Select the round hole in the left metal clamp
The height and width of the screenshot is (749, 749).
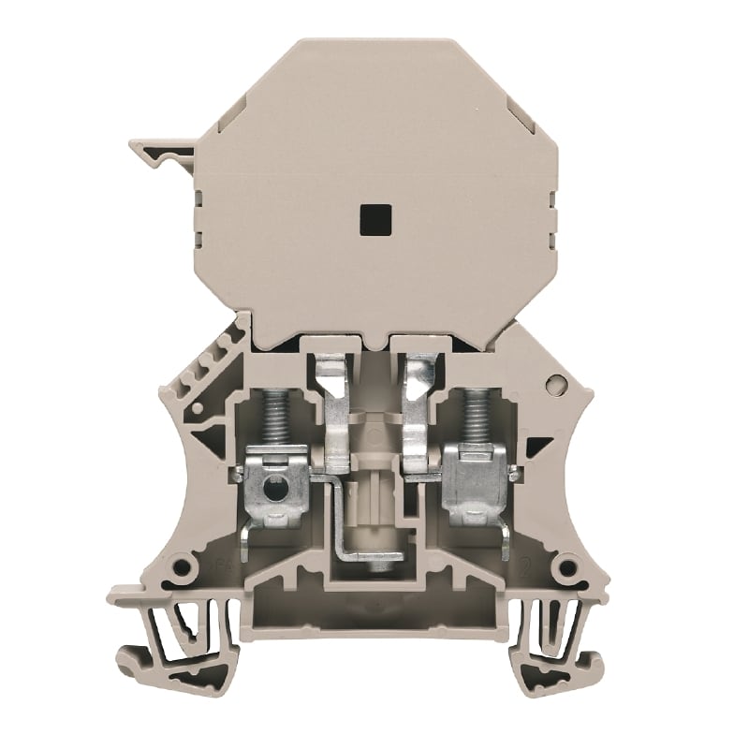pos(273,488)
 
